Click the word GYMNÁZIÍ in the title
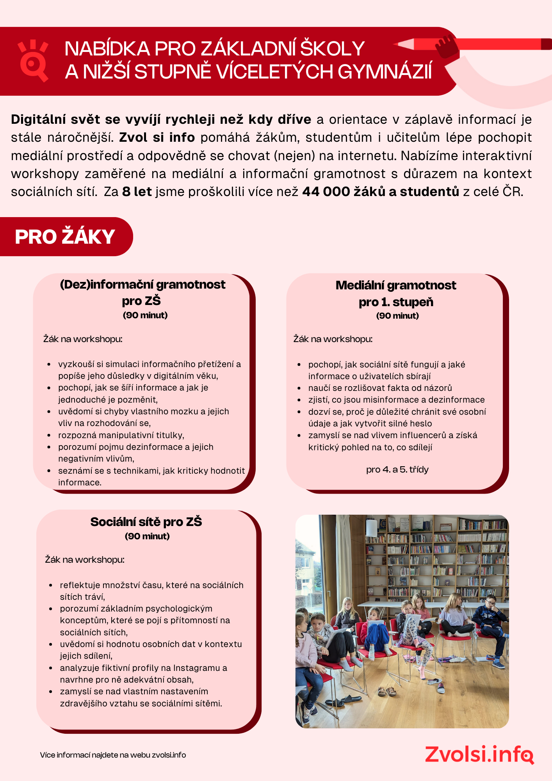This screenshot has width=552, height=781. [385, 72]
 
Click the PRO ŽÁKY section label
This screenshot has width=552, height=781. [65, 237]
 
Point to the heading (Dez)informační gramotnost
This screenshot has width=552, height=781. [142, 285]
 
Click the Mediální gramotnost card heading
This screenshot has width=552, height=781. [395, 285]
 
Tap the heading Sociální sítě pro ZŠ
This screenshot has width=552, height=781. [146, 522]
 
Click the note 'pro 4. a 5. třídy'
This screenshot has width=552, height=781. [397, 469]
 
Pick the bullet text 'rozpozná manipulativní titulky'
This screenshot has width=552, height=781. [121, 435]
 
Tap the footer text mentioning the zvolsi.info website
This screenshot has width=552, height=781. [113, 755]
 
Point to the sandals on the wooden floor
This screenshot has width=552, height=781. [387, 691]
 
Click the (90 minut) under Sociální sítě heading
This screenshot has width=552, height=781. [147, 536]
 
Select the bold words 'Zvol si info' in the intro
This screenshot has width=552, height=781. [157, 137]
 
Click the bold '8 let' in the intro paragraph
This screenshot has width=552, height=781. [137, 192]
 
